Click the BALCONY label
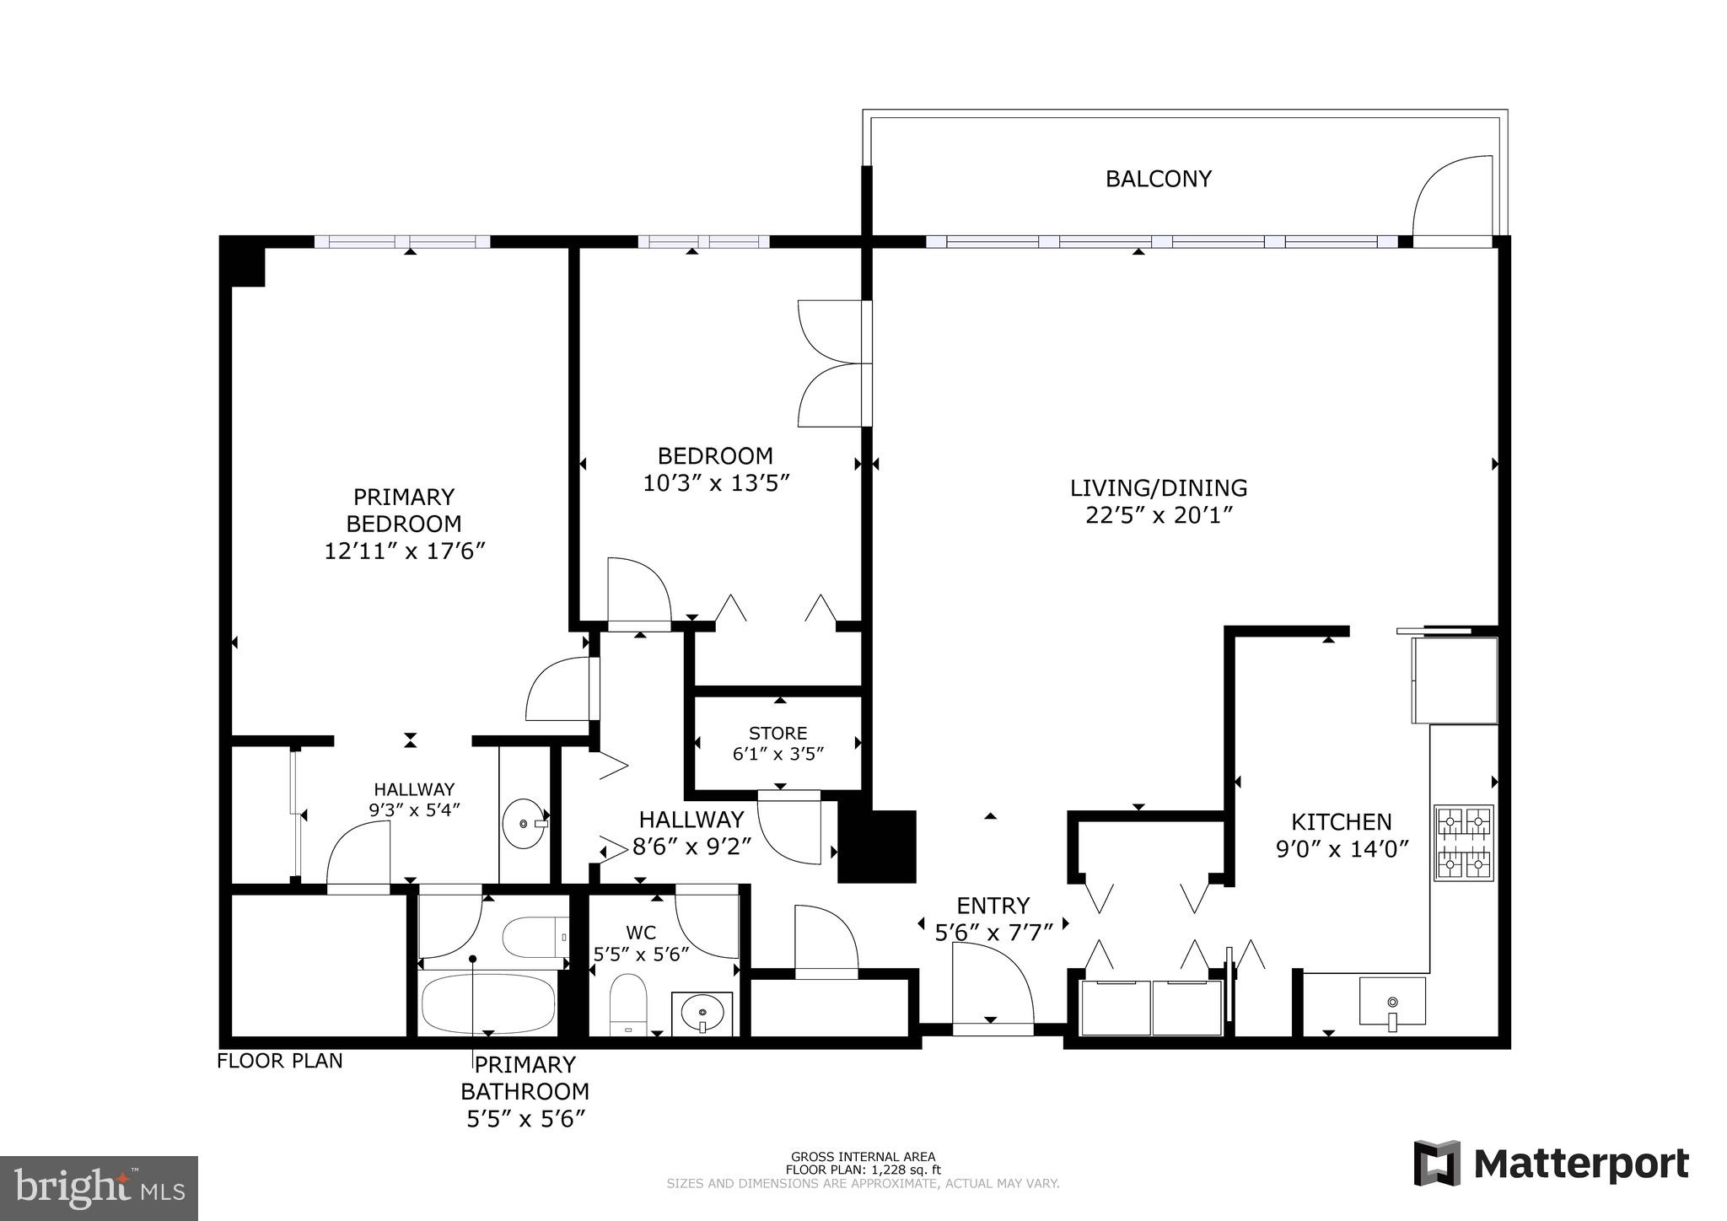pos(1158,179)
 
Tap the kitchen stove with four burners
pos(1463,842)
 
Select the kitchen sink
pos(1392,1001)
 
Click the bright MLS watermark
pos(99,1188)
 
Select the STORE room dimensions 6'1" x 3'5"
pos(777,754)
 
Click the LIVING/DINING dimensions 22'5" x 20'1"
pos(1159,515)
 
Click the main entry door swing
pos(993,982)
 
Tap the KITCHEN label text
pos(1341,821)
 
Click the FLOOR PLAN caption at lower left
pos(280,1061)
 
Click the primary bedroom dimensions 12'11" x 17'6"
pos(405,551)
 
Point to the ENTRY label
pos(993,906)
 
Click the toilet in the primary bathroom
pos(535,937)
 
